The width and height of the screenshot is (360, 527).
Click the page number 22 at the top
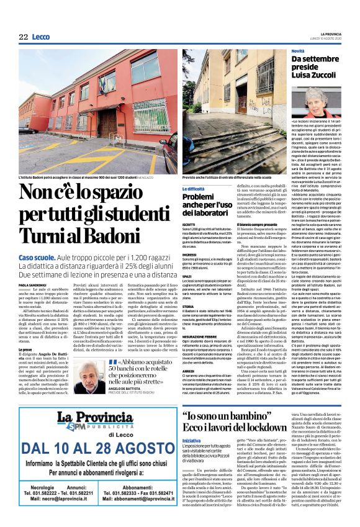pyautogui.click(x=24, y=37)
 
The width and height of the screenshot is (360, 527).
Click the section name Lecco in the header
pyautogui.click(x=41, y=37)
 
